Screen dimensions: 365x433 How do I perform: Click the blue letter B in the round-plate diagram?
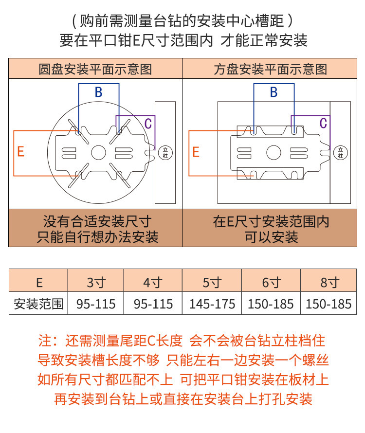[x=98, y=92]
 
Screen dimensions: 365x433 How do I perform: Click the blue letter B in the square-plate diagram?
[x=274, y=92]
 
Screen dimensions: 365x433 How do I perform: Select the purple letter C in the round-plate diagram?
[x=148, y=124]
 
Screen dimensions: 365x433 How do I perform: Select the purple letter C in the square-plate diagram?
[x=323, y=124]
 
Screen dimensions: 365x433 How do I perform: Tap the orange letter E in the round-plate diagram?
[x=20, y=152]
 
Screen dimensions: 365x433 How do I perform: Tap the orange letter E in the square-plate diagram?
[x=196, y=152]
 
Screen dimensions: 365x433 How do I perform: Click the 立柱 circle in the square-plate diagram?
[x=340, y=152]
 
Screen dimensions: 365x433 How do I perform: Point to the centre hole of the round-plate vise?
[x=98, y=152]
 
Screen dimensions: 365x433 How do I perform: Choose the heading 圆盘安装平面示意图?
[x=95, y=69]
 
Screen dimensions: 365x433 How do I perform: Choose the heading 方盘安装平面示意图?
[x=271, y=69]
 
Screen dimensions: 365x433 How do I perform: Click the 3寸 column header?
[x=96, y=282]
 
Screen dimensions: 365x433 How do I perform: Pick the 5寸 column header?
[x=212, y=282]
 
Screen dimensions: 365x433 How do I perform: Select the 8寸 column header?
[x=328, y=282]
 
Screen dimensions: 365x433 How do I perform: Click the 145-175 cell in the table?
[x=212, y=305]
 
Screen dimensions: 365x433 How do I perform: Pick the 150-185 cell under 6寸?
[x=271, y=305]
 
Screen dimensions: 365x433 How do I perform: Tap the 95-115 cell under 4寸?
[x=153, y=305]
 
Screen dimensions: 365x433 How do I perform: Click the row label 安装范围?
[x=38, y=305]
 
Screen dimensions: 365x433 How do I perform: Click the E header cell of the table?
[x=39, y=282]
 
